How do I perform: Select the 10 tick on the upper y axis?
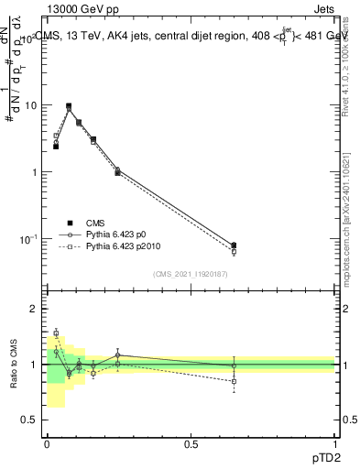(x=30, y=105)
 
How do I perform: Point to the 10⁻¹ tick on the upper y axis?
(x=28, y=239)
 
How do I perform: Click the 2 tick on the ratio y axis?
(x=33, y=309)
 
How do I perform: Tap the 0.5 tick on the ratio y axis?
(x=29, y=420)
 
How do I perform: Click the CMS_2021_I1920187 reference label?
(x=191, y=274)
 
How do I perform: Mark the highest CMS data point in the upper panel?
(x=69, y=106)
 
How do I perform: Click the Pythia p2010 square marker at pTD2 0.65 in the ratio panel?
(x=235, y=380)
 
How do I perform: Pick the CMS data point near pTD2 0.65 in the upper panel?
(x=235, y=245)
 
